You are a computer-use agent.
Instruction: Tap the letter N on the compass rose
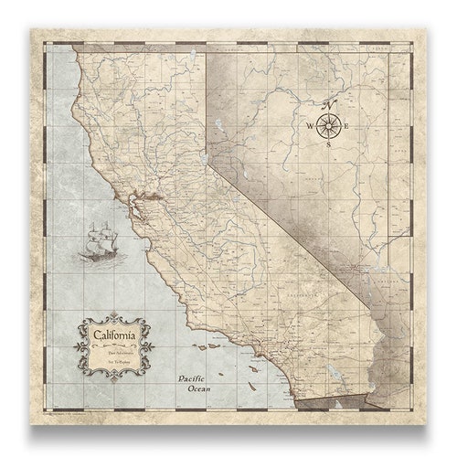(330, 103)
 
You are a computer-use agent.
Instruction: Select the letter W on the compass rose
(309, 126)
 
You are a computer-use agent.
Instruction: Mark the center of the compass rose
(329, 126)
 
